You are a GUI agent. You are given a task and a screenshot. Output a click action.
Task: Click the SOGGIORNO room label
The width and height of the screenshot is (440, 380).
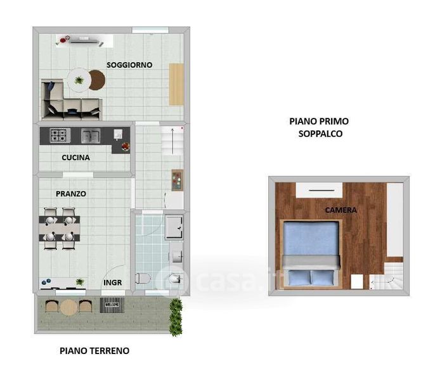(129, 65)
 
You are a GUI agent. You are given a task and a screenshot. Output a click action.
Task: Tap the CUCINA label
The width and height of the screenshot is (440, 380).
(76, 158)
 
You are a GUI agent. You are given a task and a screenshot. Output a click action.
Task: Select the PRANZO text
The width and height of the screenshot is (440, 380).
(71, 194)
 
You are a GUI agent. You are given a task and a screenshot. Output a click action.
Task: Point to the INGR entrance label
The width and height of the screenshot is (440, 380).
(112, 282)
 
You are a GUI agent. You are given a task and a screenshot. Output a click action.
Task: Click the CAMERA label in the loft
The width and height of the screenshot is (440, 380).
(341, 210)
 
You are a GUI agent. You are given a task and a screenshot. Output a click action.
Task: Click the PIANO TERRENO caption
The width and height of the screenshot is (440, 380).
(94, 351)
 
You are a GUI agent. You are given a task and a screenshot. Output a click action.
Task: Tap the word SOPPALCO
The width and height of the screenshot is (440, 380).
(320, 134)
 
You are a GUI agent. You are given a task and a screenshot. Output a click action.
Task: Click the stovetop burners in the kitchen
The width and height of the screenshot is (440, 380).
(60, 136)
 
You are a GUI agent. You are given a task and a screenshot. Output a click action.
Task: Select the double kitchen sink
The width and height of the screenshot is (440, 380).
(91, 136)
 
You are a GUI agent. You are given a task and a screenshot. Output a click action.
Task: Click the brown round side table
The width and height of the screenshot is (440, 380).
(98, 80)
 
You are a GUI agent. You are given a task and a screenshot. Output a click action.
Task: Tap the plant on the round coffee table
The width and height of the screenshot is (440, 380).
(79, 80)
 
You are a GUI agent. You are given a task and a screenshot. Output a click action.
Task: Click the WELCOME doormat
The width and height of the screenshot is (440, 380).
(112, 305)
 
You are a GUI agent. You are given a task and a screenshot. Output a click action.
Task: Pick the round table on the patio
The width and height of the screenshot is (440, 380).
(68, 307)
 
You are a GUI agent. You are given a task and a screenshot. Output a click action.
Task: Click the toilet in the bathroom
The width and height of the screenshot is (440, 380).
(143, 279)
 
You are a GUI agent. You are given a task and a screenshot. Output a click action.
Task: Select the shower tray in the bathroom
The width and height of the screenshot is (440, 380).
(174, 227)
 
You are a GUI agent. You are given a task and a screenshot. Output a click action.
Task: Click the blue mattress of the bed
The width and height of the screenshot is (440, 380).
(311, 239)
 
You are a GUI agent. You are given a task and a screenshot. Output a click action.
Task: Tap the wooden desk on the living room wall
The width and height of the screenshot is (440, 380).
(176, 84)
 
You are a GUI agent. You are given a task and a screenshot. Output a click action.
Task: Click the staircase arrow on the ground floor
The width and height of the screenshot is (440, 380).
(172, 141)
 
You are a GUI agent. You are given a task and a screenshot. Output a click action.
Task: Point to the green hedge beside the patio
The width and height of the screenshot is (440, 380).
(176, 317)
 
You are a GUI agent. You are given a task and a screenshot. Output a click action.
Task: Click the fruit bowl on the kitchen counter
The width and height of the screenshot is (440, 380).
(126, 146)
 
